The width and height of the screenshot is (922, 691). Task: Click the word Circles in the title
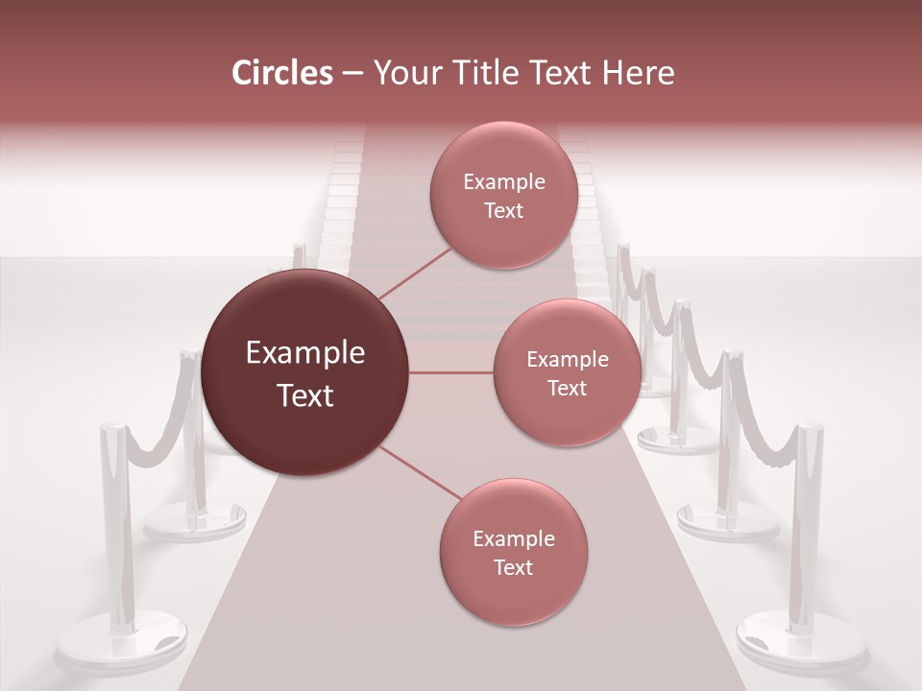pyautogui.click(x=282, y=73)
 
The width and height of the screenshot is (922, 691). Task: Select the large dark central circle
pyautogui.click(x=305, y=372)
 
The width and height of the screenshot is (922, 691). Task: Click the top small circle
pyautogui.click(x=503, y=195)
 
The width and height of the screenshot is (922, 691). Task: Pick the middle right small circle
pyautogui.click(x=567, y=372)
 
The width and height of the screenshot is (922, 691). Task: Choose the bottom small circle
pyautogui.click(x=513, y=552)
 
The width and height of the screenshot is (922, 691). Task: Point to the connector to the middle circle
pyautogui.click(x=451, y=372)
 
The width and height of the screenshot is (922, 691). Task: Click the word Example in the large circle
pyautogui.click(x=305, y=353)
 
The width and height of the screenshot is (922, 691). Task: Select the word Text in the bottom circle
pyautogui.click(x=513, y=567)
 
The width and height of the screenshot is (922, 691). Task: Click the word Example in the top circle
pyautogui.click(x=503, y=181)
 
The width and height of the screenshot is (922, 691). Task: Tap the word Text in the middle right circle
pyautogui.click(x=567, y=388)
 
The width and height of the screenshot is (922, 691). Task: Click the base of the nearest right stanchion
pyautogui.click(x=801, y=641)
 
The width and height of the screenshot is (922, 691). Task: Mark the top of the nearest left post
pyautogui.click(x=113, y=428)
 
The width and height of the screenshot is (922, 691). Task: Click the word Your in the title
pyautogui.click(x=404, y=73)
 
